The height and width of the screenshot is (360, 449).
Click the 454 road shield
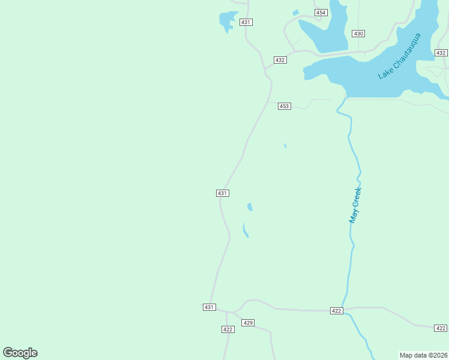click(321, 13)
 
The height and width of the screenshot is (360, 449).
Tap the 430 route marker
click(359, 34)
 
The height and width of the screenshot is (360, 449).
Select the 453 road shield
click(284, 106)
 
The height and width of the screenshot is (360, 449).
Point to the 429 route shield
click(248, 323)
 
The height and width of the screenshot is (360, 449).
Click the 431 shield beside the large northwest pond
click(246, 22)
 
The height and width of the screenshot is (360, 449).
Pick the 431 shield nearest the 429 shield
click(208, 307)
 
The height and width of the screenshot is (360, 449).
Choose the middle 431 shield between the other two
click(222, 193)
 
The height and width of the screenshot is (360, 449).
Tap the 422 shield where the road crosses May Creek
click(336, 310)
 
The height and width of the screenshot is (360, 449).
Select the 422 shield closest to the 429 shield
click(228, 329)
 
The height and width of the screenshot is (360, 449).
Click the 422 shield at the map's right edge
click(441, 328)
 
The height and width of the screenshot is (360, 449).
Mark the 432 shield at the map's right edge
click(441, 53)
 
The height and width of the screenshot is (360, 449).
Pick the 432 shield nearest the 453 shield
click(280, 60)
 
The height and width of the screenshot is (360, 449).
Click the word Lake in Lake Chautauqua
click(385, 73)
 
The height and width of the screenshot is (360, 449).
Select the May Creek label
click(355, 206)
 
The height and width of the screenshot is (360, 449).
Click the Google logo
click(20, 353)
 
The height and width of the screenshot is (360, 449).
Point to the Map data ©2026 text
click(424, 355)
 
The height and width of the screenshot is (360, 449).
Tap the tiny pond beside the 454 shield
click(295, 13)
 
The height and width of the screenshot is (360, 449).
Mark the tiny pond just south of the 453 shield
click(285, 145)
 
